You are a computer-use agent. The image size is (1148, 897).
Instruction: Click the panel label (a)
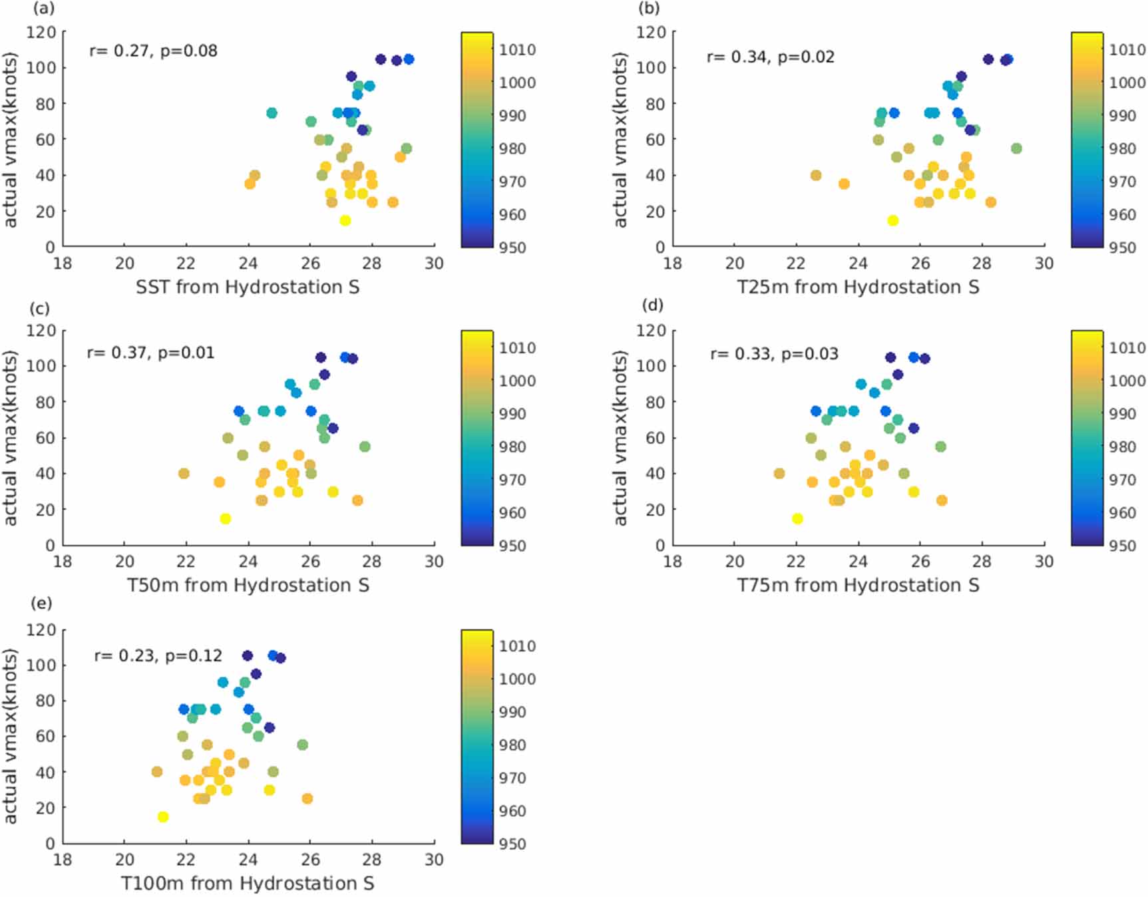pos(44,9)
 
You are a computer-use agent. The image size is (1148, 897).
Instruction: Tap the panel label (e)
pos(41,603)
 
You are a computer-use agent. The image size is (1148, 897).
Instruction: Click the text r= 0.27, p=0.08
pos(153,51)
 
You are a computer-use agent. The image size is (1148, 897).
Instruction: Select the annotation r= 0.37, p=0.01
pos(150,353)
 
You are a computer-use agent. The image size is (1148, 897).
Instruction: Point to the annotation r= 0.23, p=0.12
pos(158,656)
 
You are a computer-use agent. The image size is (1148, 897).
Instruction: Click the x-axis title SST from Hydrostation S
pos(248,287)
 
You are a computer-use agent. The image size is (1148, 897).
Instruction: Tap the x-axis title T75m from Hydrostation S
pos(858,586)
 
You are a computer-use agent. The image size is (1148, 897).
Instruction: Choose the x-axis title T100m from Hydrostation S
pos(248,884)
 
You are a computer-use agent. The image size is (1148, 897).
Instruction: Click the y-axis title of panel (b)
pos(620,140)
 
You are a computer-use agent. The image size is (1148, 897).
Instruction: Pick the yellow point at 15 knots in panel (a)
pos(345,220)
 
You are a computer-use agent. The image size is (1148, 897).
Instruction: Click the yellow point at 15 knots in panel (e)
pos(162,816)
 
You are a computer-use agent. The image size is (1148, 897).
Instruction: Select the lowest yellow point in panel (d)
pos(797,518)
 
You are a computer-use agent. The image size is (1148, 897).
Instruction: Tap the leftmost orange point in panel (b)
pos(816,176)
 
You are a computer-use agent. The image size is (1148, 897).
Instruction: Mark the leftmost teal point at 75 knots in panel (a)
pos(272,113)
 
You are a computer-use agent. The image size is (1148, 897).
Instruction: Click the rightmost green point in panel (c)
pos(365,447)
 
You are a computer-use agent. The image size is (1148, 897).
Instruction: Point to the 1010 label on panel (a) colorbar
pos(517,50)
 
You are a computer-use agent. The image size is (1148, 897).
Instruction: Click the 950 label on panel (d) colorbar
pos(1122,546)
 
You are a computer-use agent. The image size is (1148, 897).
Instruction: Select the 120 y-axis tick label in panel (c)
pos(41,331)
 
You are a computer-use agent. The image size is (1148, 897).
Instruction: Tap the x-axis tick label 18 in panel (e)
pos(63,860)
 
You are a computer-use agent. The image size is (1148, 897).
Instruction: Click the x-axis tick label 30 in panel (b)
pos(1044,264)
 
